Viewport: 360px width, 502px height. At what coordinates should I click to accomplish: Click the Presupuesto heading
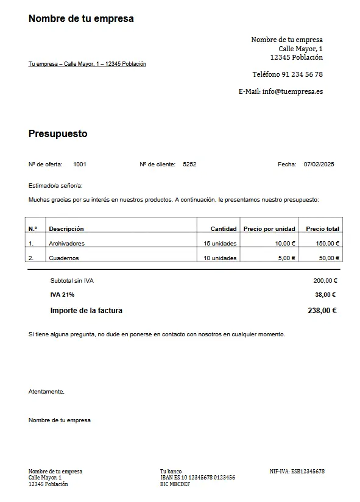coord(58,133)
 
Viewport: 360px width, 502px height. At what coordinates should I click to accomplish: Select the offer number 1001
coord(80,164)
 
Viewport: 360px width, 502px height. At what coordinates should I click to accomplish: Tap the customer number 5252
coord(189,164)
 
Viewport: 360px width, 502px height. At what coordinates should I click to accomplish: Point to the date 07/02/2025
coord(319,164)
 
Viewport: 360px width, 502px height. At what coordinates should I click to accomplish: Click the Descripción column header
coord(66,229)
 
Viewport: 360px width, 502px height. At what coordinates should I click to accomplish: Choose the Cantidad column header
coord(224,229)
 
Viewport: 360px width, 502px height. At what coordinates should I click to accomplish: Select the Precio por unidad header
coord(269,229)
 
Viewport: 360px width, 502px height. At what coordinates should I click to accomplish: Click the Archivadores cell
coord(66,244)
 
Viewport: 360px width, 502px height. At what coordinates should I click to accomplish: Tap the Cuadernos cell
coord(64,258)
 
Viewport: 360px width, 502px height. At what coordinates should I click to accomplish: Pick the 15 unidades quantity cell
coord(220,244)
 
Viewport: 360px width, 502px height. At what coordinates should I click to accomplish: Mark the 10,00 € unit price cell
coord(285,244)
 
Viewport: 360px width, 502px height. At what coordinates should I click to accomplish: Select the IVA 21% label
coord(62,295)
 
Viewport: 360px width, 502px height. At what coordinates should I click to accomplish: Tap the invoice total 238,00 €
coord(322,311)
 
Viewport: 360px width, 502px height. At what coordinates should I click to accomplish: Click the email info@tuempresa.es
coord(292,91)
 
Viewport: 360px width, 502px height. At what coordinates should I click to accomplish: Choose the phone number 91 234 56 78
coord(302,74)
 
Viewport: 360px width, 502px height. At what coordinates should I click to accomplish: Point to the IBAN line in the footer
coord(197,478)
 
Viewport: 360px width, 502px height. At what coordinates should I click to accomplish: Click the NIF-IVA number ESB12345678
coord(308,472)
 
